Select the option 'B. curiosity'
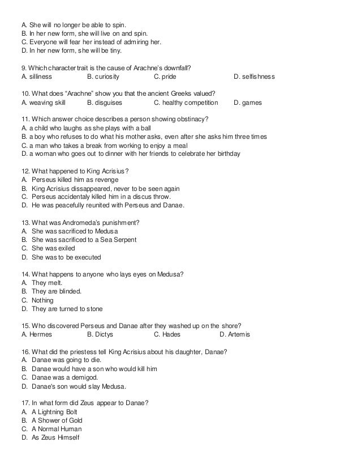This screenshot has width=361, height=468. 104,76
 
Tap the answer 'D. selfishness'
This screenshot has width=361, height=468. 254,76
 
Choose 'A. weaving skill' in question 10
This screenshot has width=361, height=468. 43,103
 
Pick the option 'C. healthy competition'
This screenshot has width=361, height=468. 186,103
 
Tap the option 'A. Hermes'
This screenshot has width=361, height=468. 36,334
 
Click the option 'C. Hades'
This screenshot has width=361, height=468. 167,334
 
